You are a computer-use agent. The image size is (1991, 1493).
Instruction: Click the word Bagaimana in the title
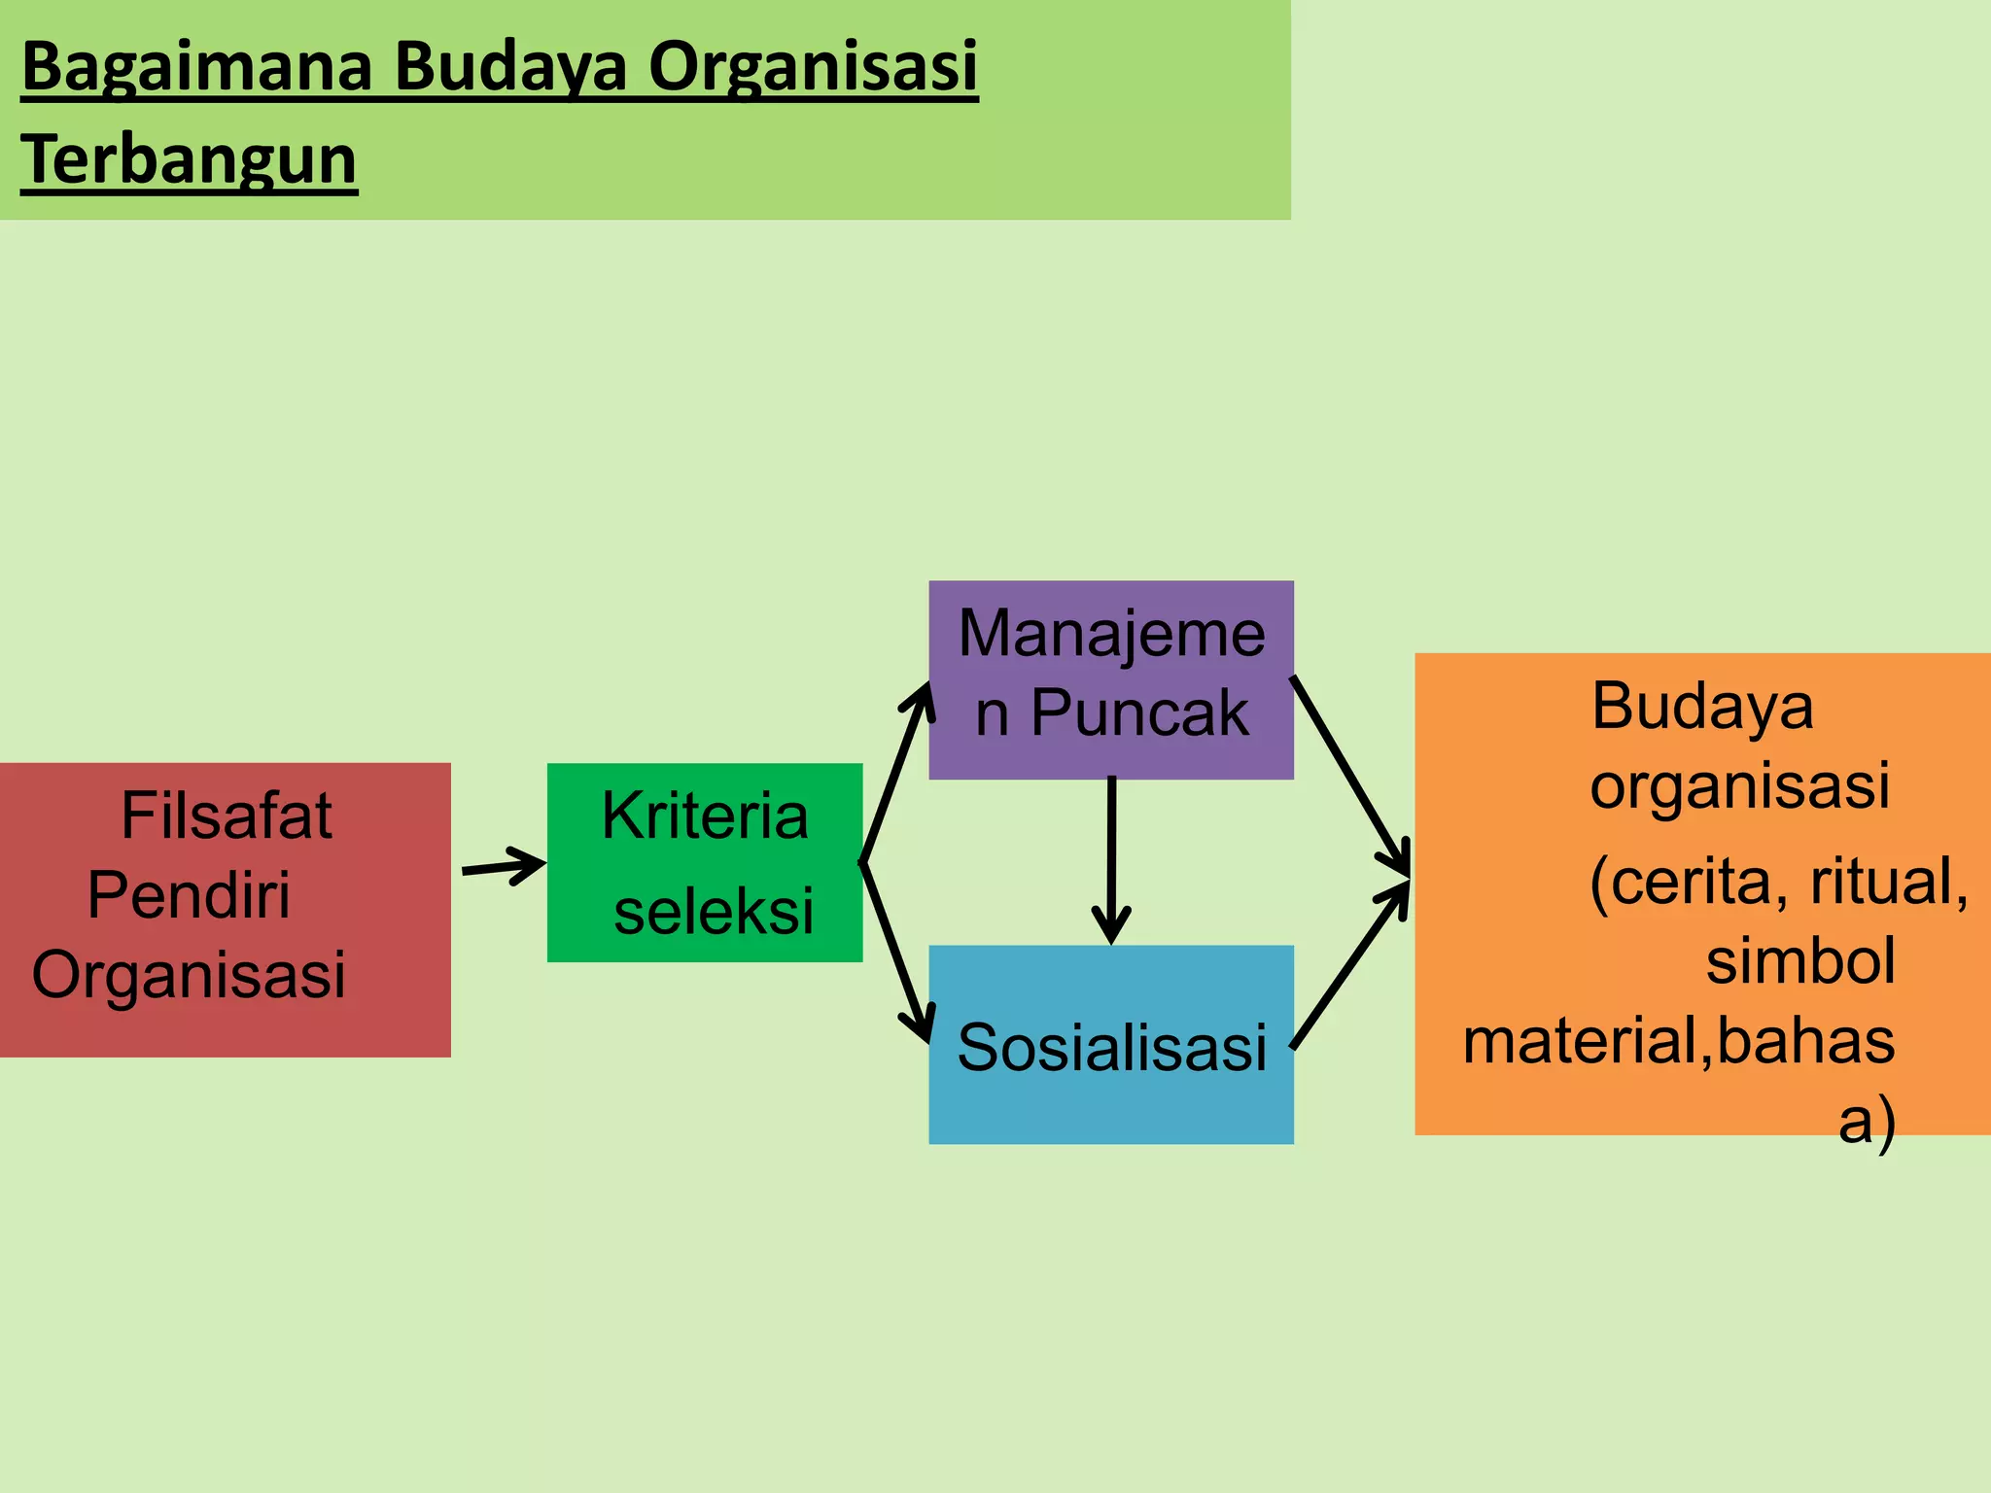point(197,68)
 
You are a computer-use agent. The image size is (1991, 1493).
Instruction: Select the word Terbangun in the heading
point(189,160)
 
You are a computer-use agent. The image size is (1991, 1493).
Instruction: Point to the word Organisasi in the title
point(813,68)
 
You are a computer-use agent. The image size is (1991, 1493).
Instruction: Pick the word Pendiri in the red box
point(189,894)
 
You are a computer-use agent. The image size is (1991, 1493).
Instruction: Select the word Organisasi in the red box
point(189,974)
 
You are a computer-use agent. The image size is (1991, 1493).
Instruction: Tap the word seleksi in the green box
point(714,912)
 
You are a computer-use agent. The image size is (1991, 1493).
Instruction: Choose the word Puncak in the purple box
point(1139,713)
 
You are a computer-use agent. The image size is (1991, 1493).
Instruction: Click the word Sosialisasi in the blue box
point(1111,1048)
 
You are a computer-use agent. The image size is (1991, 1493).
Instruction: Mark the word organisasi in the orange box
point(1739,785)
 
